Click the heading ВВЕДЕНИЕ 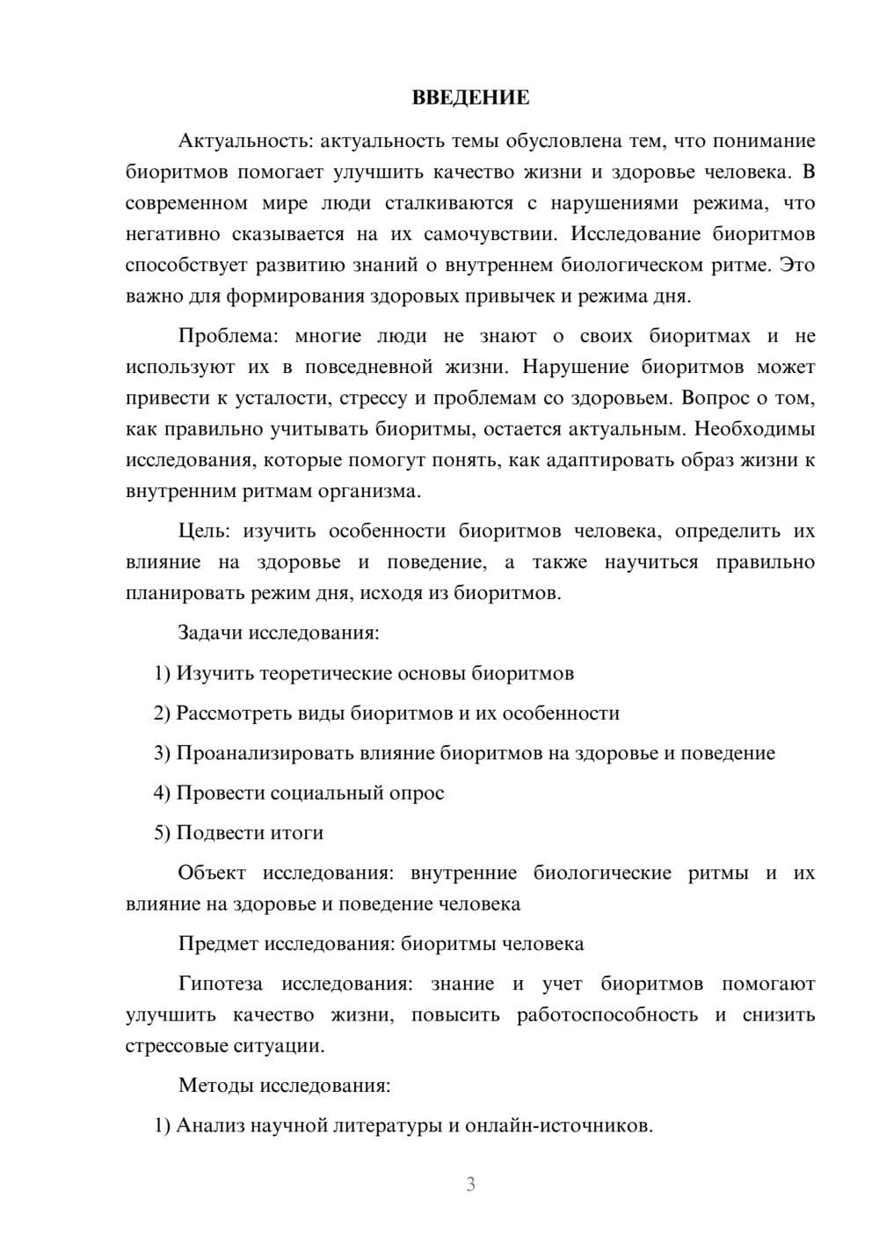470,98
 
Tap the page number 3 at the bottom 470,1184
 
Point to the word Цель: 204,531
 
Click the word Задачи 211,633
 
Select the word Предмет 218,944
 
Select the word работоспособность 607,1014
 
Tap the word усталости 281,399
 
